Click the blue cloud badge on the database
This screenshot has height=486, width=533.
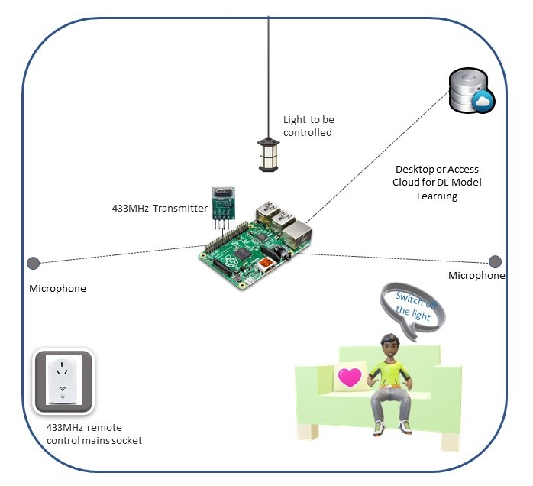(483, 102)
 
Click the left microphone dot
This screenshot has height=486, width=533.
(33, 264)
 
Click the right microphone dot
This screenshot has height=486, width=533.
(495, 261)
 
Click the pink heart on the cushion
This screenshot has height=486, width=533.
(350, 377)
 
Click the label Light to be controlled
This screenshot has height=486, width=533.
(308, 126)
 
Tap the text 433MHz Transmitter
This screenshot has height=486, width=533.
(160, 206)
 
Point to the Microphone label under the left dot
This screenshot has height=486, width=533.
(57, 289)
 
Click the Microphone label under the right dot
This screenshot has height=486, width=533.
(476, 275)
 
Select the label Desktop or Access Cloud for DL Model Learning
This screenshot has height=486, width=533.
(438, 182)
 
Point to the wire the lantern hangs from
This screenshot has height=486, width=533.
(268, 69)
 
